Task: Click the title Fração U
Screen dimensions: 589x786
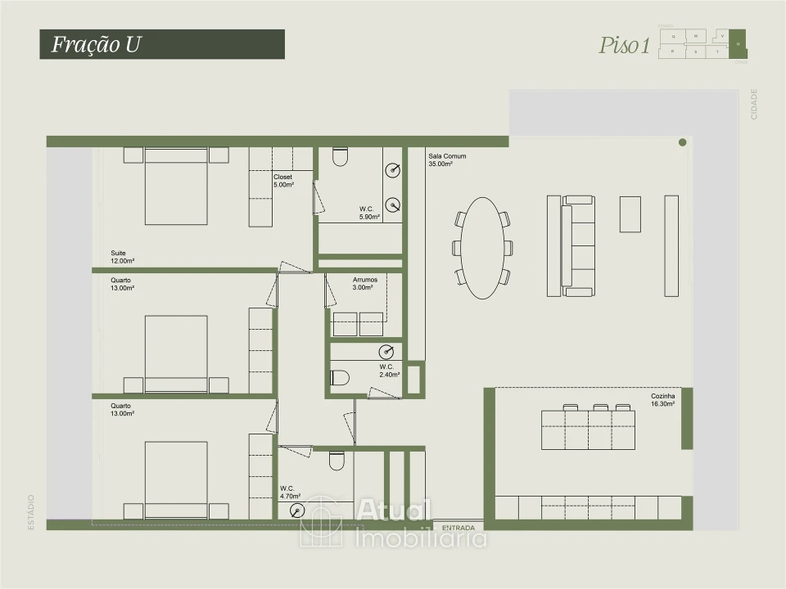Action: point(97,44)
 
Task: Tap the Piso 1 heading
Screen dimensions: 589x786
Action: point(624,46)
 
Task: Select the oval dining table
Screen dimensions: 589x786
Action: point(482,249)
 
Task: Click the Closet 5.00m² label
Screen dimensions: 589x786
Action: point(283,181)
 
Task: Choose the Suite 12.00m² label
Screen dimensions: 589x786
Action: point(123,257)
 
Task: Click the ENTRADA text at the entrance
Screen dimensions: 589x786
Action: point(458,528)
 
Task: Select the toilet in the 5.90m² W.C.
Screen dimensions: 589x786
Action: point(341,156)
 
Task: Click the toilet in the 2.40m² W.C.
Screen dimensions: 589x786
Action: point(340,377)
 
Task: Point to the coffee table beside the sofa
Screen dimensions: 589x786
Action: point(630,214)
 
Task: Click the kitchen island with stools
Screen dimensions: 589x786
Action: point(588,429)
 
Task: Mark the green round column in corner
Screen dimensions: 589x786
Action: point(682,142)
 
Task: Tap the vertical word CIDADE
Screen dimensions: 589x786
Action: point(754,104)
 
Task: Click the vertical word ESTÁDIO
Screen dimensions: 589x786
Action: point(31,511)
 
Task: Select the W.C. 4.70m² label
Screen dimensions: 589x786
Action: point(290,492)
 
